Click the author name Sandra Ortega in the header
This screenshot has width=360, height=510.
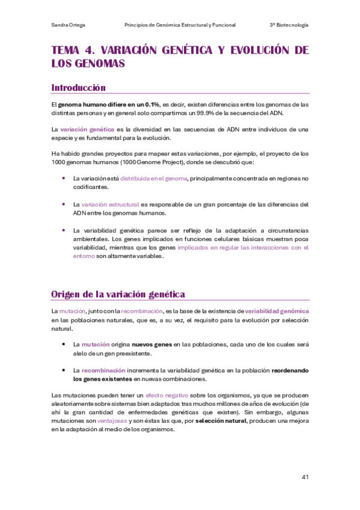pyautogui.click(x=67, y=25)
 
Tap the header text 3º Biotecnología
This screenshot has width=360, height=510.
pyautogui.click(x=289, y=25)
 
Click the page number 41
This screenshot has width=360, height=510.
pyautogui.click(x=305, y=477)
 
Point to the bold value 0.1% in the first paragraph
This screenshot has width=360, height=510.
pyautogui.click(x=152, y=104)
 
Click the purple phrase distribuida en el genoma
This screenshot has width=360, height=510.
pyautogui.click(x=154, y=178)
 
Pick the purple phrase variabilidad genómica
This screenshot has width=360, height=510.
pyautogui.click(x=277, y=311)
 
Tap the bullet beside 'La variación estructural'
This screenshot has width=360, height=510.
pyautogui.click(x=64, y=204)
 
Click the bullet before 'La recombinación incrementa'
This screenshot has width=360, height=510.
pyautogui.click(x=64, y=370)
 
